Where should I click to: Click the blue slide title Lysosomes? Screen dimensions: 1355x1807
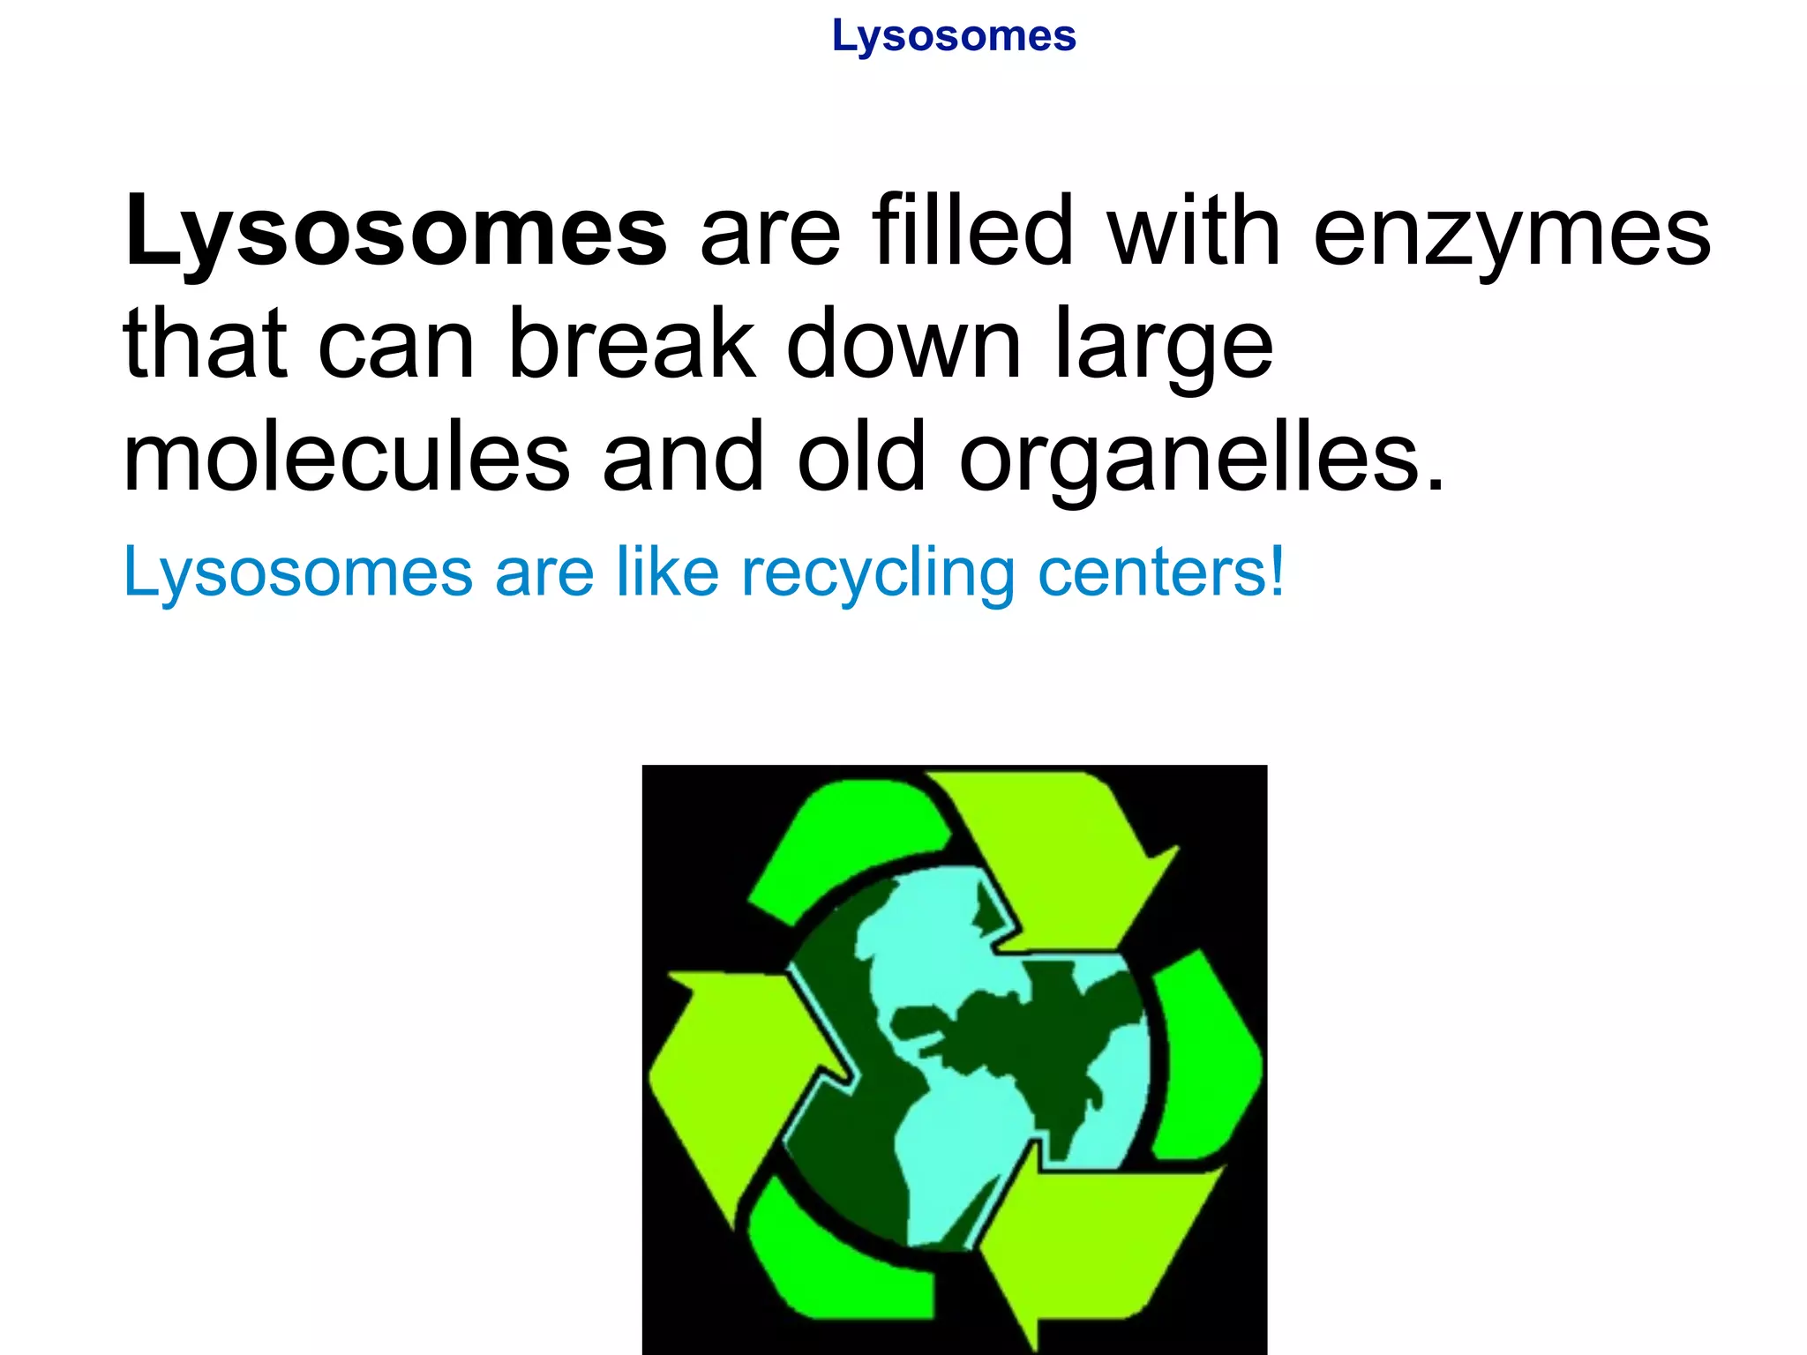(x=954, y=37)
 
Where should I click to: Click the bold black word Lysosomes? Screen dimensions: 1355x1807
(x=395, y=231)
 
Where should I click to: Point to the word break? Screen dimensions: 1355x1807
(x=632, y=343)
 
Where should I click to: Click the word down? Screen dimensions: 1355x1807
(x=903, y=343)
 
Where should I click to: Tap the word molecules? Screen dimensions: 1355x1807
(x=347, y=456)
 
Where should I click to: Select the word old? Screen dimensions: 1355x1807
(x=862, y=456)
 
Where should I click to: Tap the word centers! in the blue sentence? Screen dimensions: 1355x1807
(x=1161, y=573)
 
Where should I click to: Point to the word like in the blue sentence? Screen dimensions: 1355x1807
(x=667, y=572)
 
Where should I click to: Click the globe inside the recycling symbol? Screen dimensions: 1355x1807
(x=971, y=1059)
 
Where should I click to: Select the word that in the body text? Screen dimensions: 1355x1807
(x=206, y=343)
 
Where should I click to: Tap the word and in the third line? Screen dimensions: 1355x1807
(x=682, y=456)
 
